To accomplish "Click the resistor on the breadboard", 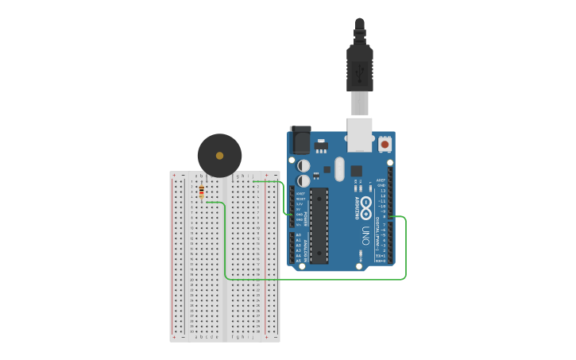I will (x=201, y=191).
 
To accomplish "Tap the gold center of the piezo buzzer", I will (x=219, y=155).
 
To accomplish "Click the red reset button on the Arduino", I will (x=385, y=144).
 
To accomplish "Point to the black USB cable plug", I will (x=360, y=68).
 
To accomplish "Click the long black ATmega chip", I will (x=319, y=226).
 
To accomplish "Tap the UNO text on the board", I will (x=366, y=236).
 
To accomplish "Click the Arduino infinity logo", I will (x=366, y=208).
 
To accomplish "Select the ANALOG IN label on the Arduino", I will (x=305, y=247).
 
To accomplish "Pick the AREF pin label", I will (x=381, y=180).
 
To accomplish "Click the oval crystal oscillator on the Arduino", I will (x=340, y=168).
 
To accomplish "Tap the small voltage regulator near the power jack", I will (x=321, y=147).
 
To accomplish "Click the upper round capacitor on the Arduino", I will (x=303, y=165).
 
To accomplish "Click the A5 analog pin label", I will (x=299, y=261).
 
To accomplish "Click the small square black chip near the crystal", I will (x=356, y=170).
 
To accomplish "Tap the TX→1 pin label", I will (x=381, y=256).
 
